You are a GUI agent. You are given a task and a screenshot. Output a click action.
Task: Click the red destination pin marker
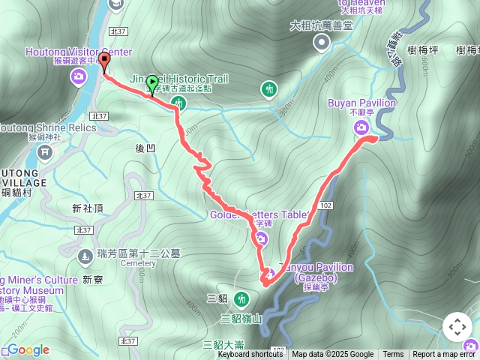(x=104, y=61)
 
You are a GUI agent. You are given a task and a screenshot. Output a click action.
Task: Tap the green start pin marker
(x=152, y=82)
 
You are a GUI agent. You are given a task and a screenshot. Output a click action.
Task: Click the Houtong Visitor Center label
(x=79, y=52)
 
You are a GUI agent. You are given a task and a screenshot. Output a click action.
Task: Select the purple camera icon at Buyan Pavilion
(x=361, y=127)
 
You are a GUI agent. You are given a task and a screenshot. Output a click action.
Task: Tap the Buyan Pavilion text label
(x=361, y=103)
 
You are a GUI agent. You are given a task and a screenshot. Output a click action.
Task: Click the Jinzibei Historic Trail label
(x=179, y=79)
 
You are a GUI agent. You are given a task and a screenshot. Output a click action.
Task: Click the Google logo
(x=28, y=349)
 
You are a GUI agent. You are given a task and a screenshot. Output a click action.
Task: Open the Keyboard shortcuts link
(x=250, y=355)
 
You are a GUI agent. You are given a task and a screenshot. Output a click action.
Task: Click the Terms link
(x=393, y=355)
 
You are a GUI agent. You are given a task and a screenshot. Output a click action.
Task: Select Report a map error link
(x=444, y=355)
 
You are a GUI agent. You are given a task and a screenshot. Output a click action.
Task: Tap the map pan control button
(x=457, y=327)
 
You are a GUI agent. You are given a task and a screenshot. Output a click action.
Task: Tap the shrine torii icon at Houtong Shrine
(x=45, y=153)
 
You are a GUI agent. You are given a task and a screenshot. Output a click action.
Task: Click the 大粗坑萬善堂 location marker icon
(x=322, y=43)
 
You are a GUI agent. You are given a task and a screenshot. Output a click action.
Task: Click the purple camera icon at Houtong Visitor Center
(x=79, y=76)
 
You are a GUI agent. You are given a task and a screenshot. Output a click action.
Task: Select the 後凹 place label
(x=145, y=148)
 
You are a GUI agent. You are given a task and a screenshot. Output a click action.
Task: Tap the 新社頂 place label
(x=87, y=208)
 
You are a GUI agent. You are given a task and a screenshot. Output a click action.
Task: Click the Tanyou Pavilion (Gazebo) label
(x=316, y=272)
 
